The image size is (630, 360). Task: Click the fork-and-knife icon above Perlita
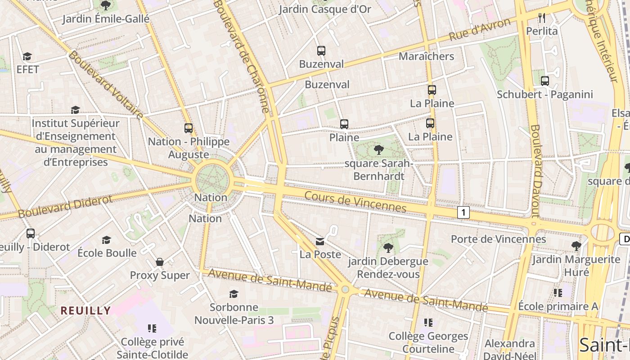542,18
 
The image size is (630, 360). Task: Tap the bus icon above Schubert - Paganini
545,81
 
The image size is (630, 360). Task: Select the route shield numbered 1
463,212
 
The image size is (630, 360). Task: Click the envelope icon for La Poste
320,242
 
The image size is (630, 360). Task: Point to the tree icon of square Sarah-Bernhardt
379,150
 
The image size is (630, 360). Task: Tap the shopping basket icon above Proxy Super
160,262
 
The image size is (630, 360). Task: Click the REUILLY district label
85,310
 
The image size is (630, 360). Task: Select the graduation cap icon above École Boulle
107,240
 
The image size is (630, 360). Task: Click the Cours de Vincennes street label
355,202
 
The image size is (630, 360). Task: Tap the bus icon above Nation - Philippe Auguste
189,128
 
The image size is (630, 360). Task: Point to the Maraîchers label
426,56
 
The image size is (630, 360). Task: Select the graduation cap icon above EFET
27,56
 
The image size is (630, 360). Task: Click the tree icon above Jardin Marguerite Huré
576,246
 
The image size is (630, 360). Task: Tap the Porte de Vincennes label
498,239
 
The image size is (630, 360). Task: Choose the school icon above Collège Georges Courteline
428,322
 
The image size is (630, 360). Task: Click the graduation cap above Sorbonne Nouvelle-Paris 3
234,294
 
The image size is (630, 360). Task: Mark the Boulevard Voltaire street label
106,85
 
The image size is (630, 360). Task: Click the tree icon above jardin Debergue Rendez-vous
388,247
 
